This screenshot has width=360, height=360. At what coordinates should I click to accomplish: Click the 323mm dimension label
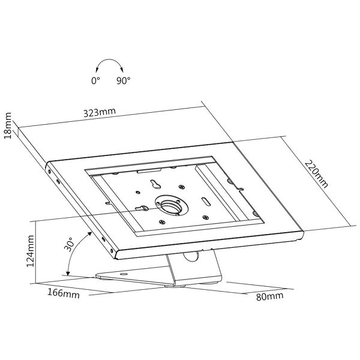100,113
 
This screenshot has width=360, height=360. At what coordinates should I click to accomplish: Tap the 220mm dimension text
316,174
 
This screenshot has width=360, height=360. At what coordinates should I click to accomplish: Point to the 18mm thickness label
8,125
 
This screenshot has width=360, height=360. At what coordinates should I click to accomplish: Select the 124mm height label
30,251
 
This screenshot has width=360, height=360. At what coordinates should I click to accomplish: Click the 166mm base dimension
64,293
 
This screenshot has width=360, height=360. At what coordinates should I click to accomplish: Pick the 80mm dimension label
269,296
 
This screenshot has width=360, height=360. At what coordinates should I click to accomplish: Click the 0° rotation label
95,80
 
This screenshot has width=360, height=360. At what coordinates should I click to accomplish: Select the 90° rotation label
123,80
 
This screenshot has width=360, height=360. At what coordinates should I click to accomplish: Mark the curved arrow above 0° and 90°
110,59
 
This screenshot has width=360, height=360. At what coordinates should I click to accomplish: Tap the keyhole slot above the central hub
155,184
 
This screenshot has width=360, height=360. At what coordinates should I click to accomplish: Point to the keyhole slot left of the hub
142,208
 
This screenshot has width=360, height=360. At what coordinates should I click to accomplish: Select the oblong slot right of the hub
206,202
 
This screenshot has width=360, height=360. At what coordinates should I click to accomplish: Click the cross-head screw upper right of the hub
182,187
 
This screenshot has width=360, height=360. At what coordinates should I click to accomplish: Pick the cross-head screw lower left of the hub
162,222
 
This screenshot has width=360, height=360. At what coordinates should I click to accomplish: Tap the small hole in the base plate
124,274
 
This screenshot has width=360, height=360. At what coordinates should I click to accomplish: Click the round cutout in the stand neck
191,256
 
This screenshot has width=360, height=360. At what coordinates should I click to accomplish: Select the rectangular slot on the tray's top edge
149,170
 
